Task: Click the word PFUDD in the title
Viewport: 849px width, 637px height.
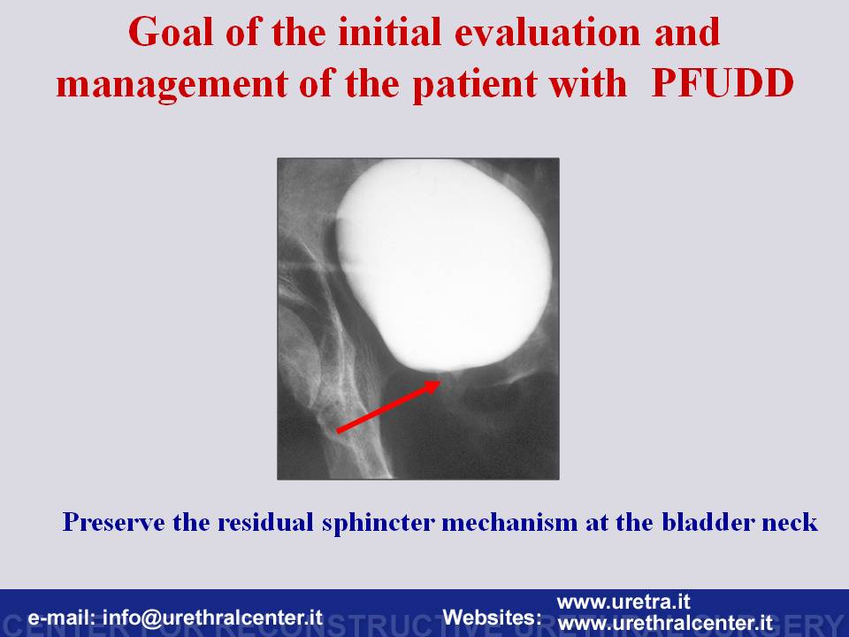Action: click(x=723, y=83)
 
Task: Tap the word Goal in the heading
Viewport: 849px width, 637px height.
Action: click(x=171, y=32)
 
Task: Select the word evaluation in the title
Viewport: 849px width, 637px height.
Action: click(x=547, y=32)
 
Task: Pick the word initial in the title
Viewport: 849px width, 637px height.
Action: click(x=390, y=32)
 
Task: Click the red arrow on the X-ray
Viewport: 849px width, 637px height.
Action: click(x=389, y=406)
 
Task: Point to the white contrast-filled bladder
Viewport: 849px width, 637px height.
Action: click(x=444, y=265)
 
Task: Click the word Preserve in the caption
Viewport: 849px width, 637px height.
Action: click(x=114, y=522)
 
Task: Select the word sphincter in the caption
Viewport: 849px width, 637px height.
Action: click(x=379, y=523)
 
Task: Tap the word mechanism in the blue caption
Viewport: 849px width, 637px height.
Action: click(x=509, y=522)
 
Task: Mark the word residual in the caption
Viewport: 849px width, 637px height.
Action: click(x=266, y=522)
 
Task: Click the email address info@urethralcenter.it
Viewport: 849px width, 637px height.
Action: click(x=213, y=618)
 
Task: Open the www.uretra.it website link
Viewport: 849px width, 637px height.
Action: click(x=623, y=602)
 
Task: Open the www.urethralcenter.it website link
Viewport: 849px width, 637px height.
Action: click(x=665, y=622)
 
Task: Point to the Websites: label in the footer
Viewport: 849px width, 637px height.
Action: click(x=493, y=618)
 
